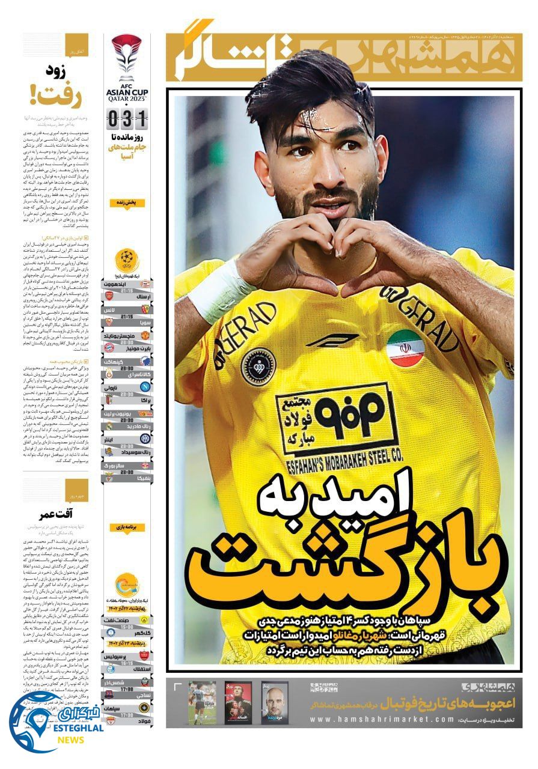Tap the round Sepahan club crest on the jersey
pyautogui.click(x=255, y=366)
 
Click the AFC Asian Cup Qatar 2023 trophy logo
pyautogui.click(x=127, y=59)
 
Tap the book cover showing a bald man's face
pyautogui.click(x=274, y=702)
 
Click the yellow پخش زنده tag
pyautogui.click(x=127, y=203)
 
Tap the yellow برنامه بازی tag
pyautogui.click(x=127, y=527)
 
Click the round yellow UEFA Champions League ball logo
pyautogui.click(x=127, y=259)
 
